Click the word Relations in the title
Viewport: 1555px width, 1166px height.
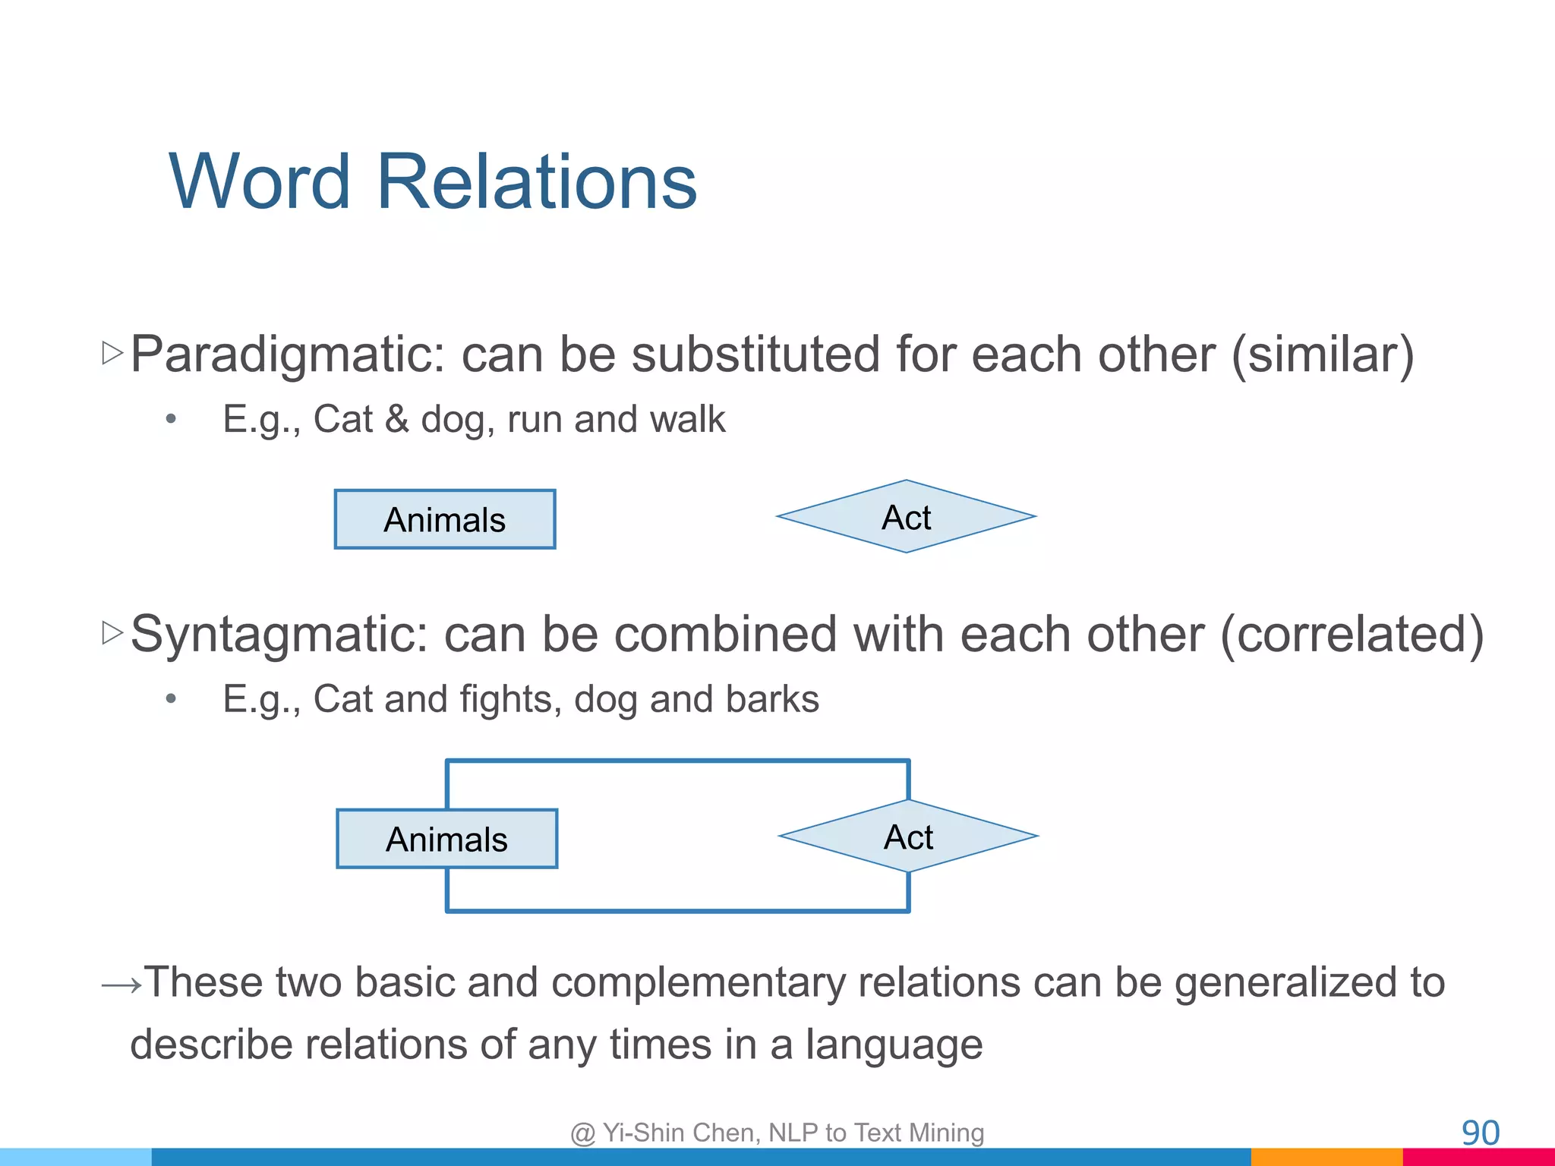click(536, 182)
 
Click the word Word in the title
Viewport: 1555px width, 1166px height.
click(260, 182)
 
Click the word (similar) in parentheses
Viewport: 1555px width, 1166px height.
click(1323, 355)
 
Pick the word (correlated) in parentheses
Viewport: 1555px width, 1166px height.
click(1352, 635)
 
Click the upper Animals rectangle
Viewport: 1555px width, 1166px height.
click(445, 519)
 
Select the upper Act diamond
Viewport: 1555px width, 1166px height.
click(906, 516)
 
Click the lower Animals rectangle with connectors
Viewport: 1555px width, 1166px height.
click(446, 839)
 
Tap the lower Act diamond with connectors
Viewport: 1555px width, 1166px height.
click(908, 837)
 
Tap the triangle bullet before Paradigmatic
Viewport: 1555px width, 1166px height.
click(112, 352)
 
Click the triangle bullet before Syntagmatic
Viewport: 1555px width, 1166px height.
click(112, 632)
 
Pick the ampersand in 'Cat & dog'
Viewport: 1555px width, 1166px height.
click(396, 420)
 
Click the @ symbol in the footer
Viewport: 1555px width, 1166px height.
click(582, 1133)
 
